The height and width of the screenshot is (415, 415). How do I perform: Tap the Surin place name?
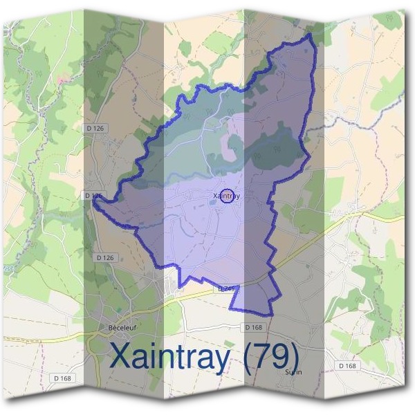click(294, 371)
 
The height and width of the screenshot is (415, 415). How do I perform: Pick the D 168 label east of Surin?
click(347, 365)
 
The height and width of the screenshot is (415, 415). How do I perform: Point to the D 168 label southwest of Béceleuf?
click(65, 378)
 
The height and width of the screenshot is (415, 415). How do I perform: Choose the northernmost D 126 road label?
click(96, 129)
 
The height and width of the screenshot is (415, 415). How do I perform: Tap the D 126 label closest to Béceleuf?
click(104, 257)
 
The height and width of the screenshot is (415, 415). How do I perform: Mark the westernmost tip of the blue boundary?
click(92, 201)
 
